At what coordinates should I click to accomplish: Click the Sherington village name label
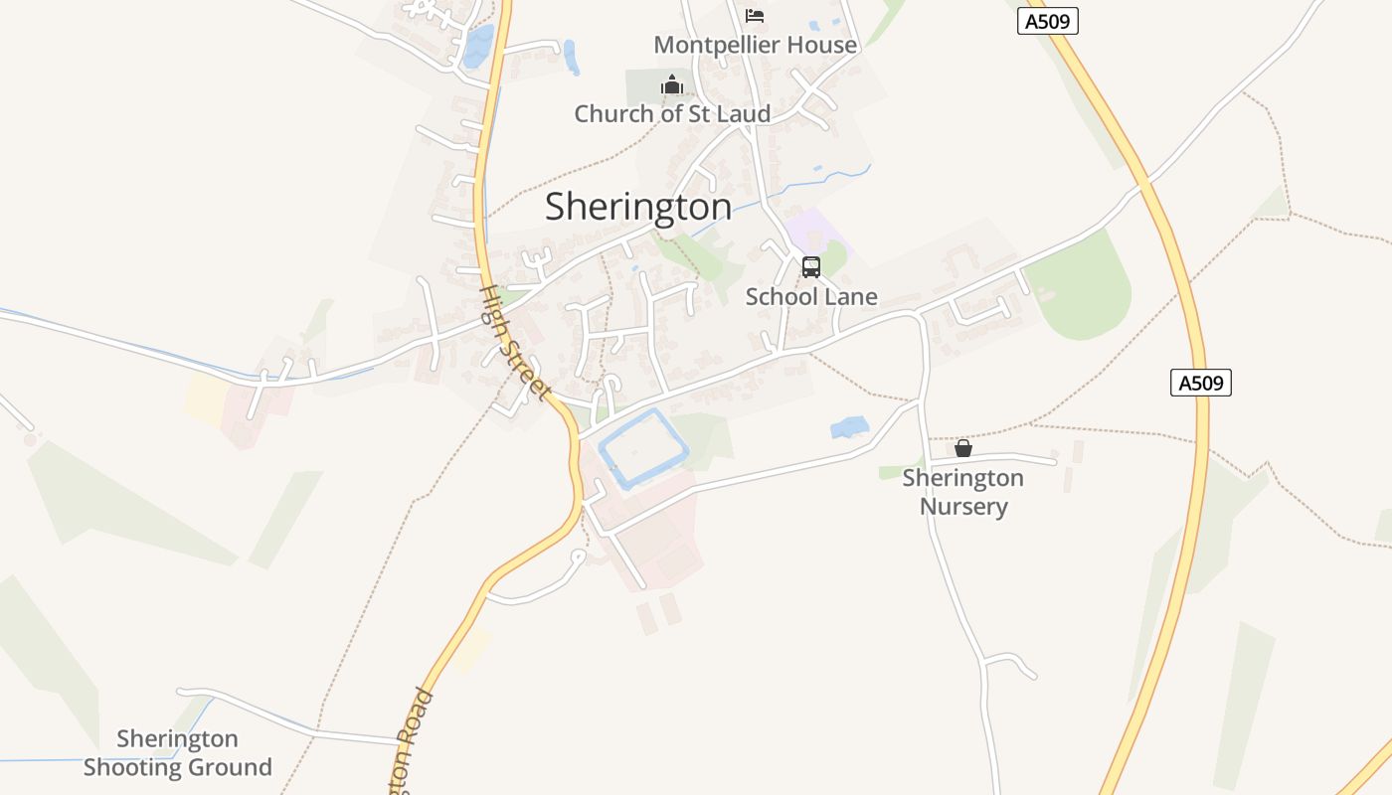[x=638, y=207]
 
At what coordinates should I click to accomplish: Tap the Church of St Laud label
[x=672, y=114]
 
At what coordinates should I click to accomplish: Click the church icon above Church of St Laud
[x=672, y=85]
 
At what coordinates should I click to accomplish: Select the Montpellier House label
[x=755, y=45]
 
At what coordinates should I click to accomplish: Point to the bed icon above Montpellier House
[x=755, y=16]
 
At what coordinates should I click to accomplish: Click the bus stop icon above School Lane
[x=811, y=266]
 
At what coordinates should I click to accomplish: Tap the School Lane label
[x=811, y=296]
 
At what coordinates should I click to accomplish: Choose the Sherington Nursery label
[x=962, y=492]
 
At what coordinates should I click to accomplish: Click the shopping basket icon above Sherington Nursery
[x=962, y=448]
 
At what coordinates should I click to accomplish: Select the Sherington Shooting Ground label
[x=177, y=752]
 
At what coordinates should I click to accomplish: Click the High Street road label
[x=514, y=344]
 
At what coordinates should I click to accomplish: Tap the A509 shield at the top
[x=1048, y=21]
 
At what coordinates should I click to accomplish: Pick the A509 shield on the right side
[x=1200, y=383]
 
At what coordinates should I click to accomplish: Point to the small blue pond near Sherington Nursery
[x=849, y=427]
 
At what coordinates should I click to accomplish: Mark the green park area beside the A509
[x=1084, y=288]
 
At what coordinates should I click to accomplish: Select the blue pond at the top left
[x=479, y=45]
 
